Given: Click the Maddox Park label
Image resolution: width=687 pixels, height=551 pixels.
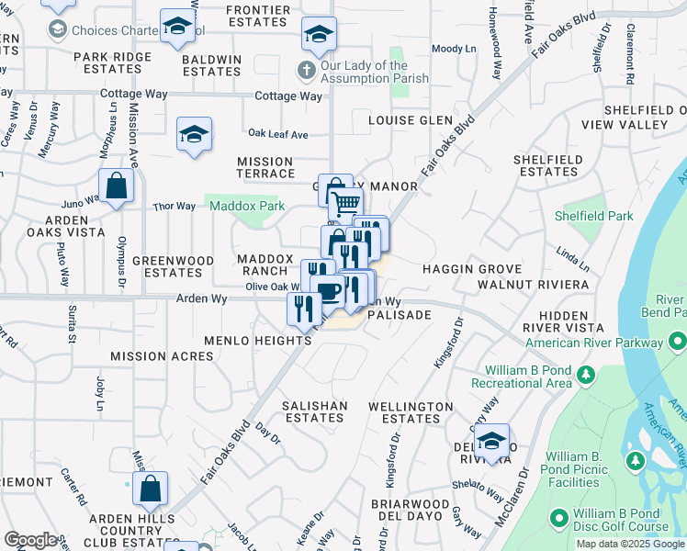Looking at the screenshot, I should coord(247,207).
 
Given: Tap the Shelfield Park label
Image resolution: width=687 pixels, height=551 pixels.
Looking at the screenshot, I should coord(594,217).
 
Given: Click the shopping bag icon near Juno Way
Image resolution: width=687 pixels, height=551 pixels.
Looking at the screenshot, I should coord(117,186).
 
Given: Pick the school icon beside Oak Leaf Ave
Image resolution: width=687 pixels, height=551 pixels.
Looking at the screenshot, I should coord(194,135).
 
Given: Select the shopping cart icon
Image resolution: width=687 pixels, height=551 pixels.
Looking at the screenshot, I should coord(346,204).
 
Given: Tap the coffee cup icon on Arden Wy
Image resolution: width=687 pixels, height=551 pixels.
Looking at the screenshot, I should coord(329,292).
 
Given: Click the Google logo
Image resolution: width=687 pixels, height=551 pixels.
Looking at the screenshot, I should coord(30,540).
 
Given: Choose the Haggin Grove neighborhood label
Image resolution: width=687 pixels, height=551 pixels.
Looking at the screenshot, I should coord(471,269).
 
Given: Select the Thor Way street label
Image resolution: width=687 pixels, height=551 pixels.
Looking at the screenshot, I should coord(175,207).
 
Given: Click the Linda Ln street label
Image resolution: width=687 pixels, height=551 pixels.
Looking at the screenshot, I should coord(572,252).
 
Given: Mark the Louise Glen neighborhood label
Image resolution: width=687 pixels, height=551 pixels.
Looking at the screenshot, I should coord(411,120).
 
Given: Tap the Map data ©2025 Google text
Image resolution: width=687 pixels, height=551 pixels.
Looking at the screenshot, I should coord(630,544).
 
